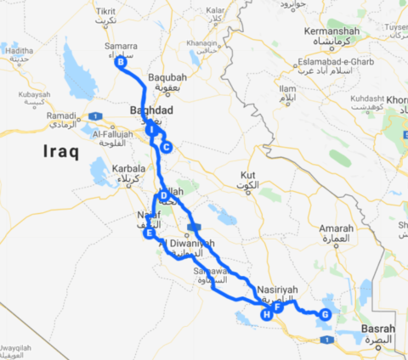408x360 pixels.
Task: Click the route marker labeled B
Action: click(x=121, y=62)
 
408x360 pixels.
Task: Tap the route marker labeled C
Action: click(x=166, y=147)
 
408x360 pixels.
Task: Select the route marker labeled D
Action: click(x=162, y=195)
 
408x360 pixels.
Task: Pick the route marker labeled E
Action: click(x=149, y=233)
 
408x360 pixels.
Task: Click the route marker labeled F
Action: click(x=277, y=307)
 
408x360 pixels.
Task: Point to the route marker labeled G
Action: click(x=325, y=314)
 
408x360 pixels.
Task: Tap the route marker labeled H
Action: click(x=266, y=315)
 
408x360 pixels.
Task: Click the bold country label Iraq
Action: click(x=59, y=153)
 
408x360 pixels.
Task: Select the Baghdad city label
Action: click(x=151, y=111)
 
